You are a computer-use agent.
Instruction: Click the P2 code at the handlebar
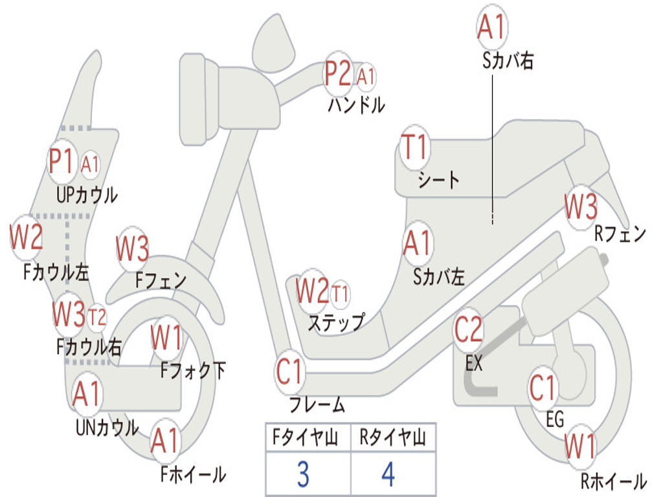click(338, 74)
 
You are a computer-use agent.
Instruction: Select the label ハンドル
click(356, 104)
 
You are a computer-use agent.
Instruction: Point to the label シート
click(439, 179)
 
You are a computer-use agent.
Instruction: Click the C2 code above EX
click(469, 330)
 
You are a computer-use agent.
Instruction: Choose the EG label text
click(555, 419)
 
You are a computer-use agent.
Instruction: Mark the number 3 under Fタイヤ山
click(303, 474)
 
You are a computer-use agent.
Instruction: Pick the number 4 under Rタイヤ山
click(388, 474)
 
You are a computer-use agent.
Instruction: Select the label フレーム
click(317, 406)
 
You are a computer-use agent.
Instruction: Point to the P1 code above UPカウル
click(62, 162)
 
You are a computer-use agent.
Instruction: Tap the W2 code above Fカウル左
click(27, 237)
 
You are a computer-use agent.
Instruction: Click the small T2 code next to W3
click(97, 316)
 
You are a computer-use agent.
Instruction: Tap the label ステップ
click(335, 322)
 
